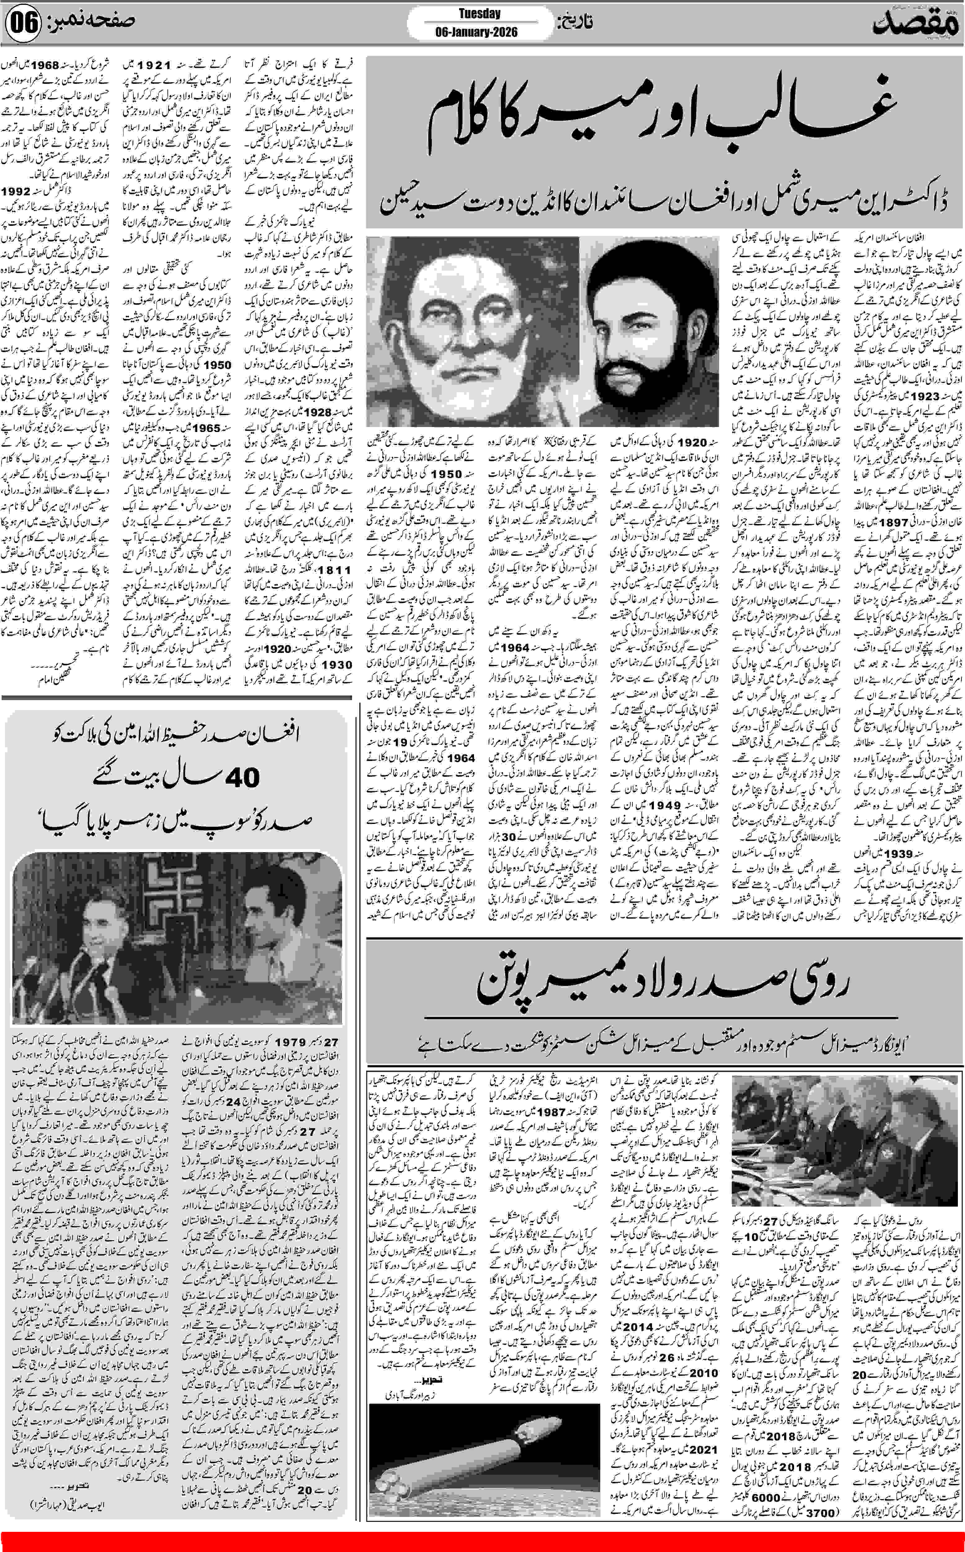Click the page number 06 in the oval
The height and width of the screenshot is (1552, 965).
click(x=23, y=24)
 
